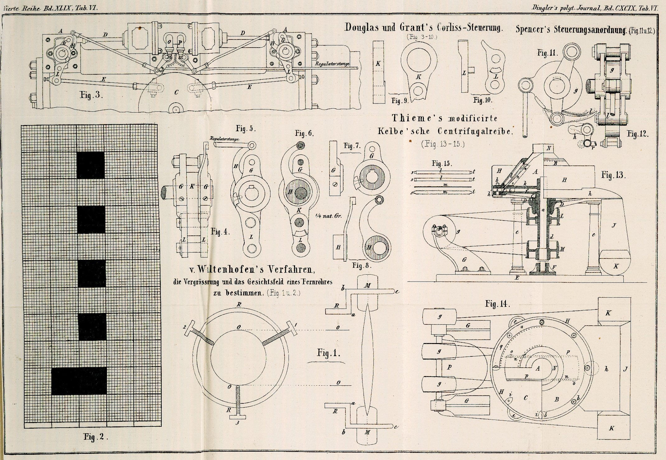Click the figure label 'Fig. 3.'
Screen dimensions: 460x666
(x=90, y=95)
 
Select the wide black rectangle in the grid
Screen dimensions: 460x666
(x=79, y=381)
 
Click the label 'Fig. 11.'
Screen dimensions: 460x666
(x=548, y=53)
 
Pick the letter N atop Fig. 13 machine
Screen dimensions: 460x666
(x=549, y=148)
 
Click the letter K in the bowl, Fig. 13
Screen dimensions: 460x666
(x=616, y=266)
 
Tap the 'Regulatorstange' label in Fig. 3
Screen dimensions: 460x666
(x=332, y=64)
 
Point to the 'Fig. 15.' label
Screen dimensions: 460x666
(x=442, y=163)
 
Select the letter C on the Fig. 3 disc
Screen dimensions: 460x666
(x=176, y=92)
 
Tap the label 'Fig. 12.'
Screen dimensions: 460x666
(x=638, y=134)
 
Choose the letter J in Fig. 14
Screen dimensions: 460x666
(x=625, y=369)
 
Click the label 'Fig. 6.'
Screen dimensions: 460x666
(x=304, y=133)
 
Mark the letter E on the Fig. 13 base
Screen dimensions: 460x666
(x=517, y=278)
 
